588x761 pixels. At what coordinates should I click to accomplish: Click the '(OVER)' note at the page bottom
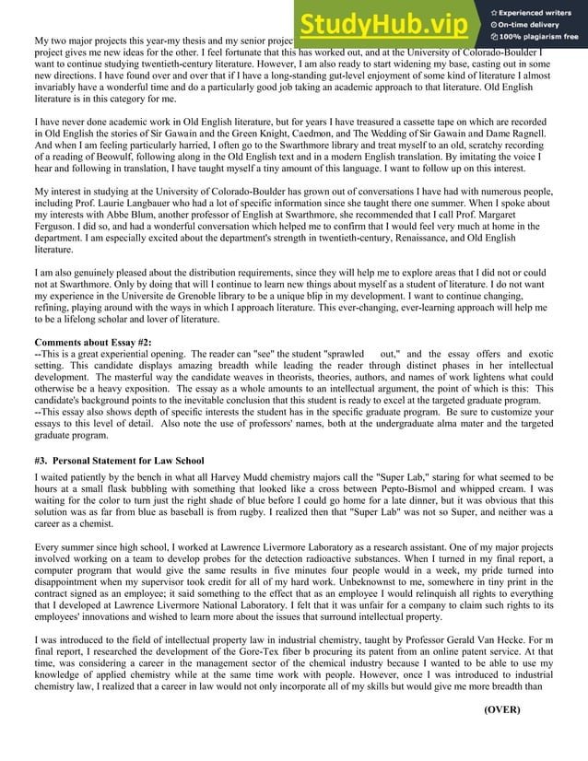pos(502,709)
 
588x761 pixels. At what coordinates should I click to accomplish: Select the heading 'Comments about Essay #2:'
pos(86,343)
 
